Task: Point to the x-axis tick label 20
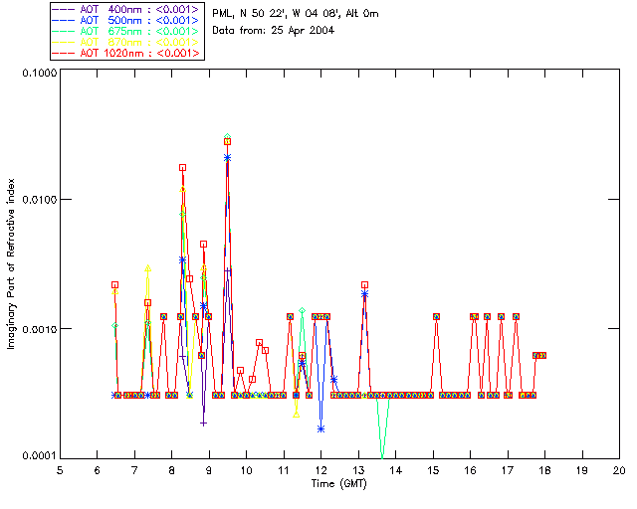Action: point(619,469)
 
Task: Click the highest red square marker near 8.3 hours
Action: point(182,168)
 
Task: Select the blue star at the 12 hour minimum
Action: point(320,428)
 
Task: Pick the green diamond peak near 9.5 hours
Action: point(228,137)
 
